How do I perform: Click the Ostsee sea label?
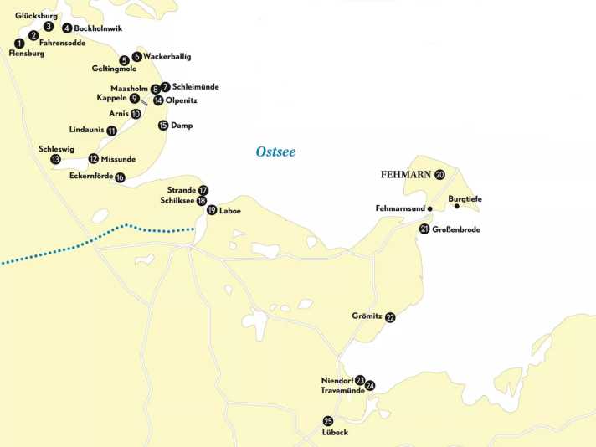pos(275,152)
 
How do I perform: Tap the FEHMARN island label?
pos(406,175)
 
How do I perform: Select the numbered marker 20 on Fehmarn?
pos(440,174)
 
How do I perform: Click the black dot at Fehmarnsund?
pos(429,208)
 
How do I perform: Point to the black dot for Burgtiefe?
pos(456,207)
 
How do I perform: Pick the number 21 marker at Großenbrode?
pos(424,229)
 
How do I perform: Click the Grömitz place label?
pos(367,316)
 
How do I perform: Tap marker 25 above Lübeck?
pos(327,421)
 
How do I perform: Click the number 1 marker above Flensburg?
pos(19,43)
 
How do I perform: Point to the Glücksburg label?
pos(35,16)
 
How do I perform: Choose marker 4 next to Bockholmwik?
pos(67,28)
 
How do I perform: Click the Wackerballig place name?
pos(167,56)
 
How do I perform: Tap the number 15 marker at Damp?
pos(163,126)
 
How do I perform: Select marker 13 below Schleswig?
pos(55,159)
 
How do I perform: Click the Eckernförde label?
pos(90,176)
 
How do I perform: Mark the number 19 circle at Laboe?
pos(212,210)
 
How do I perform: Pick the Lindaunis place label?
pos(87,130)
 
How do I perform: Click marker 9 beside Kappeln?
pos(134,98)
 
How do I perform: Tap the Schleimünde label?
pos(195,86)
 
